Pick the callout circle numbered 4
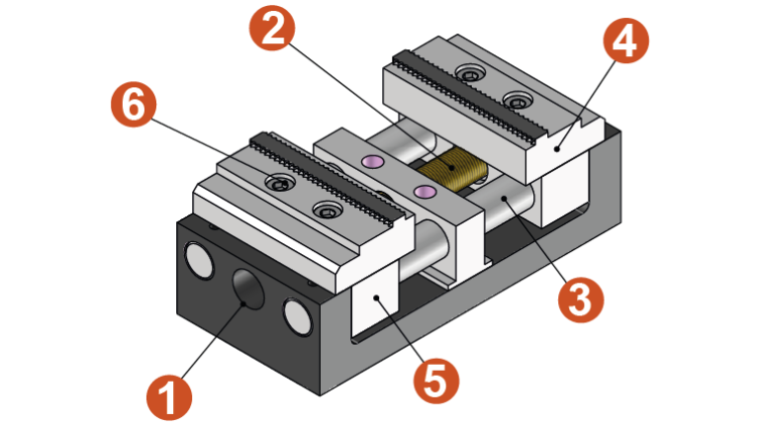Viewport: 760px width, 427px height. coord(625,43)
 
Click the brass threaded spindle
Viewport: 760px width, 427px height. coord(460,169)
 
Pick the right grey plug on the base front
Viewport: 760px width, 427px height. coord(296,315)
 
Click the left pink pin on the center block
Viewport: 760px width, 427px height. coord(373,161)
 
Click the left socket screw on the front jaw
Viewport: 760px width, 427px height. coord(281,183)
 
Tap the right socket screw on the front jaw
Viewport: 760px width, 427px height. coord(327,210)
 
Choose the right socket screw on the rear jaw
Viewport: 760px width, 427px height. coord(517,99)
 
